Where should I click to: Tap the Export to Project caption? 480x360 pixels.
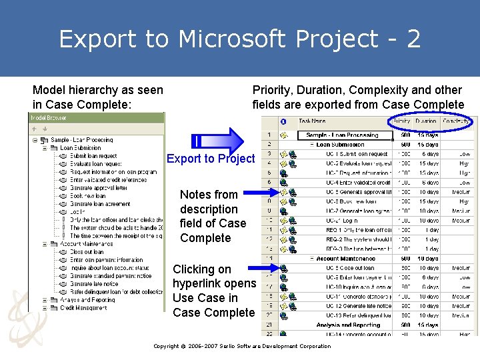[210, 159]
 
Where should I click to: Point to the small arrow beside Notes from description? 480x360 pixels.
[261, 193]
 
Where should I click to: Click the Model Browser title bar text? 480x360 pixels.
[48, 117]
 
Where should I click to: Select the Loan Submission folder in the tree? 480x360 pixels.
[81, 148]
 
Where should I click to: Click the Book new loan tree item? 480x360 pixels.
[87, 196]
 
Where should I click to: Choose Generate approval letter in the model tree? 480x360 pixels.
[99, 188]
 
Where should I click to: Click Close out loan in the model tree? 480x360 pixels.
[86, 252]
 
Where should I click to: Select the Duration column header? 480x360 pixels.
[426, 121]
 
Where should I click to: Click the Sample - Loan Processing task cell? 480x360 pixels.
[341, 135]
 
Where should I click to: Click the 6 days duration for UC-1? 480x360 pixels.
[429, 154]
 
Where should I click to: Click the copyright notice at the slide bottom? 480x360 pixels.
[242, 346]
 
